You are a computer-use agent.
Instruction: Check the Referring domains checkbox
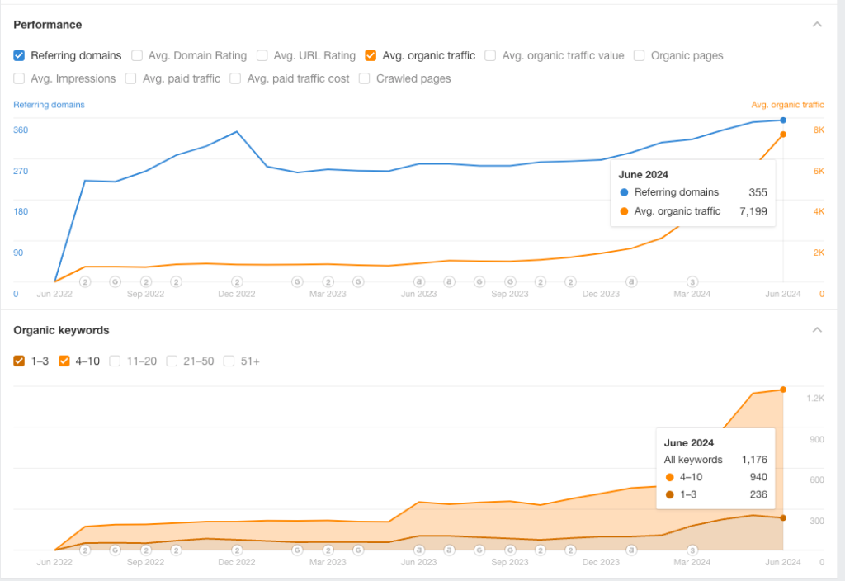(19, 55)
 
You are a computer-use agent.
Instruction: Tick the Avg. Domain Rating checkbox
(137, 55)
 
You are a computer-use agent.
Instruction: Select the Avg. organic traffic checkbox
(371, 55)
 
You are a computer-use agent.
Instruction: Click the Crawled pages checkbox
(365, 78)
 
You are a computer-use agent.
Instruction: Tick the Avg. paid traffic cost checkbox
(235, 78)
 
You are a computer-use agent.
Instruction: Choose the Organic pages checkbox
(640, 55)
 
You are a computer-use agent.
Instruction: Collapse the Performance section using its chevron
(817, 25)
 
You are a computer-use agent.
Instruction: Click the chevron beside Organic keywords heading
(817, 330)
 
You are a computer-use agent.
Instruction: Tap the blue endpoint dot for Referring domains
(782, 120)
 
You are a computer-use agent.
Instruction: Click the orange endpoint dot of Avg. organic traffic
(782, 135)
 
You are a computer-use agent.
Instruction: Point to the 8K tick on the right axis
(819, 130)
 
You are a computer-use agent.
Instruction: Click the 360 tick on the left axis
(21, 130)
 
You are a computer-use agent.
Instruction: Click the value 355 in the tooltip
(758, 192)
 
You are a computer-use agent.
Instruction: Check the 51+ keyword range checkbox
(229, 361)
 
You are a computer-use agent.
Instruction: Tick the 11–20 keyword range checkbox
(115, 361)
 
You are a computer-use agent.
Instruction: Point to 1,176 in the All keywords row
(754, 460)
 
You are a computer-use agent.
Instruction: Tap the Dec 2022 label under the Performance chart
(237, 294)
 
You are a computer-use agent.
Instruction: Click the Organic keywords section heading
(62, 330)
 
